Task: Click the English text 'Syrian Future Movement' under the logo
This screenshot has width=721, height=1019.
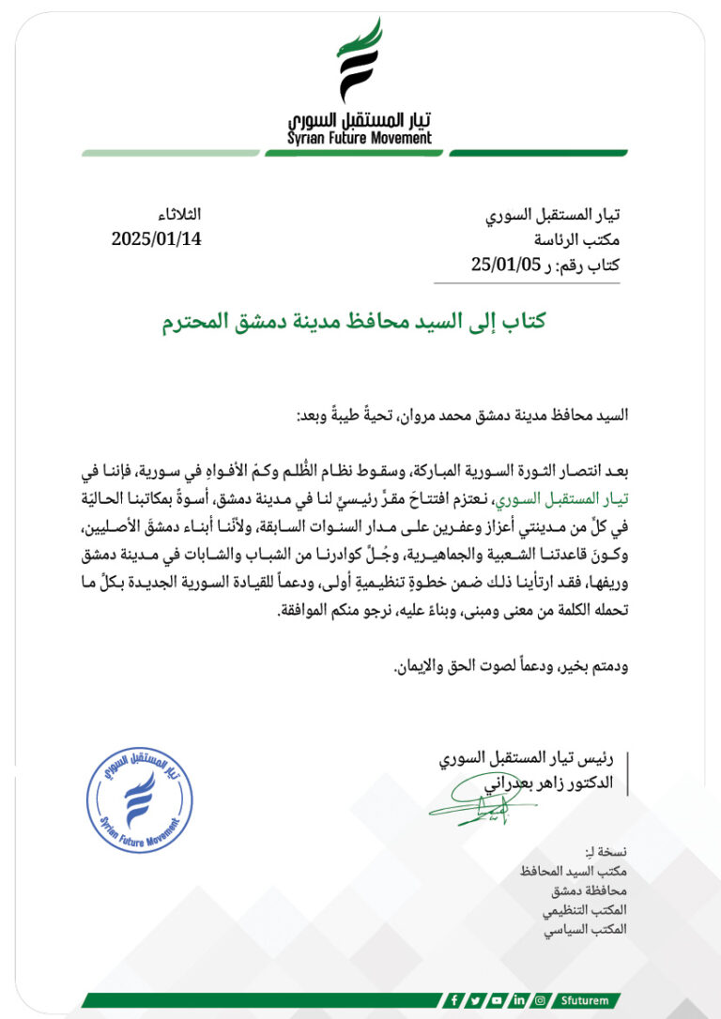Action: point(360,138)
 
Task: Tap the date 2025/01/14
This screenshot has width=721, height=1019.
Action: point(156,238)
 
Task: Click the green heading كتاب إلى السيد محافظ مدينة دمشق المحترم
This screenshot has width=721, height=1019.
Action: point(353,322)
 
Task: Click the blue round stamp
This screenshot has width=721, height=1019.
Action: point(139,799)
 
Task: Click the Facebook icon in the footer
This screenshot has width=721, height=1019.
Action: point(455,1000)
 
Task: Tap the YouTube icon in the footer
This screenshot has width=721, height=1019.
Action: point(498,1000)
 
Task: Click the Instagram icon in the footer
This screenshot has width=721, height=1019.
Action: point(540,1000)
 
